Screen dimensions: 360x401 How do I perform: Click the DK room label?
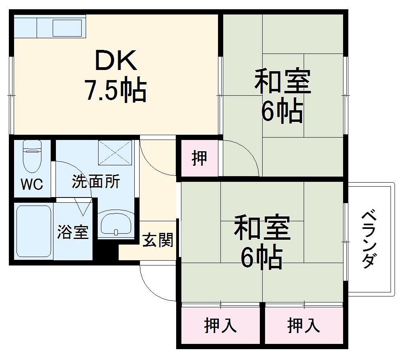(x=115, y=61)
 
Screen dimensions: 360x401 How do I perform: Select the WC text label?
(x=32, y=185)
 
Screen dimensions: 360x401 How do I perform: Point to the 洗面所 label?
(x=96, y=182)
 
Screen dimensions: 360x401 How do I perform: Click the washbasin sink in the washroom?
(x=116, y=224)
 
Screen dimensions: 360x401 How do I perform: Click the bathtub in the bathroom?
(x=34, y=231)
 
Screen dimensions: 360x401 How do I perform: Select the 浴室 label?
(x=73, y=232)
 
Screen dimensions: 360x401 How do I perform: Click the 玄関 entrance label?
(x=158, y=240)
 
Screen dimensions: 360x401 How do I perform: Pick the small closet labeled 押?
(x=199, y=158)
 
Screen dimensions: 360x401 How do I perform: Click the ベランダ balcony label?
(x=369, y=239)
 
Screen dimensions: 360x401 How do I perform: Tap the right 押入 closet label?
(x=304, y=325)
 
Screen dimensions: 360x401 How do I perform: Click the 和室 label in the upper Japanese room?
(x=282, y=82)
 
